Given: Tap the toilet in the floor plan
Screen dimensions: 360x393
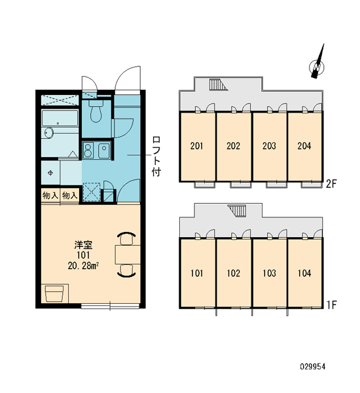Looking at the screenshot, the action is (96, 111).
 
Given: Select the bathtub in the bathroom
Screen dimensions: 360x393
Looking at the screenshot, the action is (60, 118).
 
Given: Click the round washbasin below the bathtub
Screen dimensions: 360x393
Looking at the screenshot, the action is (49, 133).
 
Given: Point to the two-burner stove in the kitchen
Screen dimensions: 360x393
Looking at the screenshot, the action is (88, 150).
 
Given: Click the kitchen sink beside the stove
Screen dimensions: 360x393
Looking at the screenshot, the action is (104, 151).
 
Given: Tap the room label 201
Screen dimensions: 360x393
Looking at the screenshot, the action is (196, 146).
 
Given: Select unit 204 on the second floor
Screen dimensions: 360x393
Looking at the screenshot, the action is (304, 146).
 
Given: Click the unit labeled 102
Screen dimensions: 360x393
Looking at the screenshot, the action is (234, 273).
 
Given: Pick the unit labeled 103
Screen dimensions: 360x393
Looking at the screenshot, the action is (270, 273).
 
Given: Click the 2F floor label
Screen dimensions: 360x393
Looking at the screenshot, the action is (331, 184).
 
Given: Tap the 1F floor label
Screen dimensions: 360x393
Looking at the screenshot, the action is (331, 305).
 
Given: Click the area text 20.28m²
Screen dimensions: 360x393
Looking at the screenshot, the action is (83, 266).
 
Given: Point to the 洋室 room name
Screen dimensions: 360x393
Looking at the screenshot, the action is (83, 245).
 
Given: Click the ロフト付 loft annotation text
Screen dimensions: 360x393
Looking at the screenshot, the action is (156, 156).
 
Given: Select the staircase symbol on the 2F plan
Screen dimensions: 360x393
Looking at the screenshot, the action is (219, 84).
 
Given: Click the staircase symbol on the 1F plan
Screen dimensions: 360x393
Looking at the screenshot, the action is (237, 211).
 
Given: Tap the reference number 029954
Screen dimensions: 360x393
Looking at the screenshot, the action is (313, 367).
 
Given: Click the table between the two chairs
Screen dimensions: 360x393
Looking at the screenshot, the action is (128, 255).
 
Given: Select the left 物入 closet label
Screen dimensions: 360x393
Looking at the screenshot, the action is (50, 195).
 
